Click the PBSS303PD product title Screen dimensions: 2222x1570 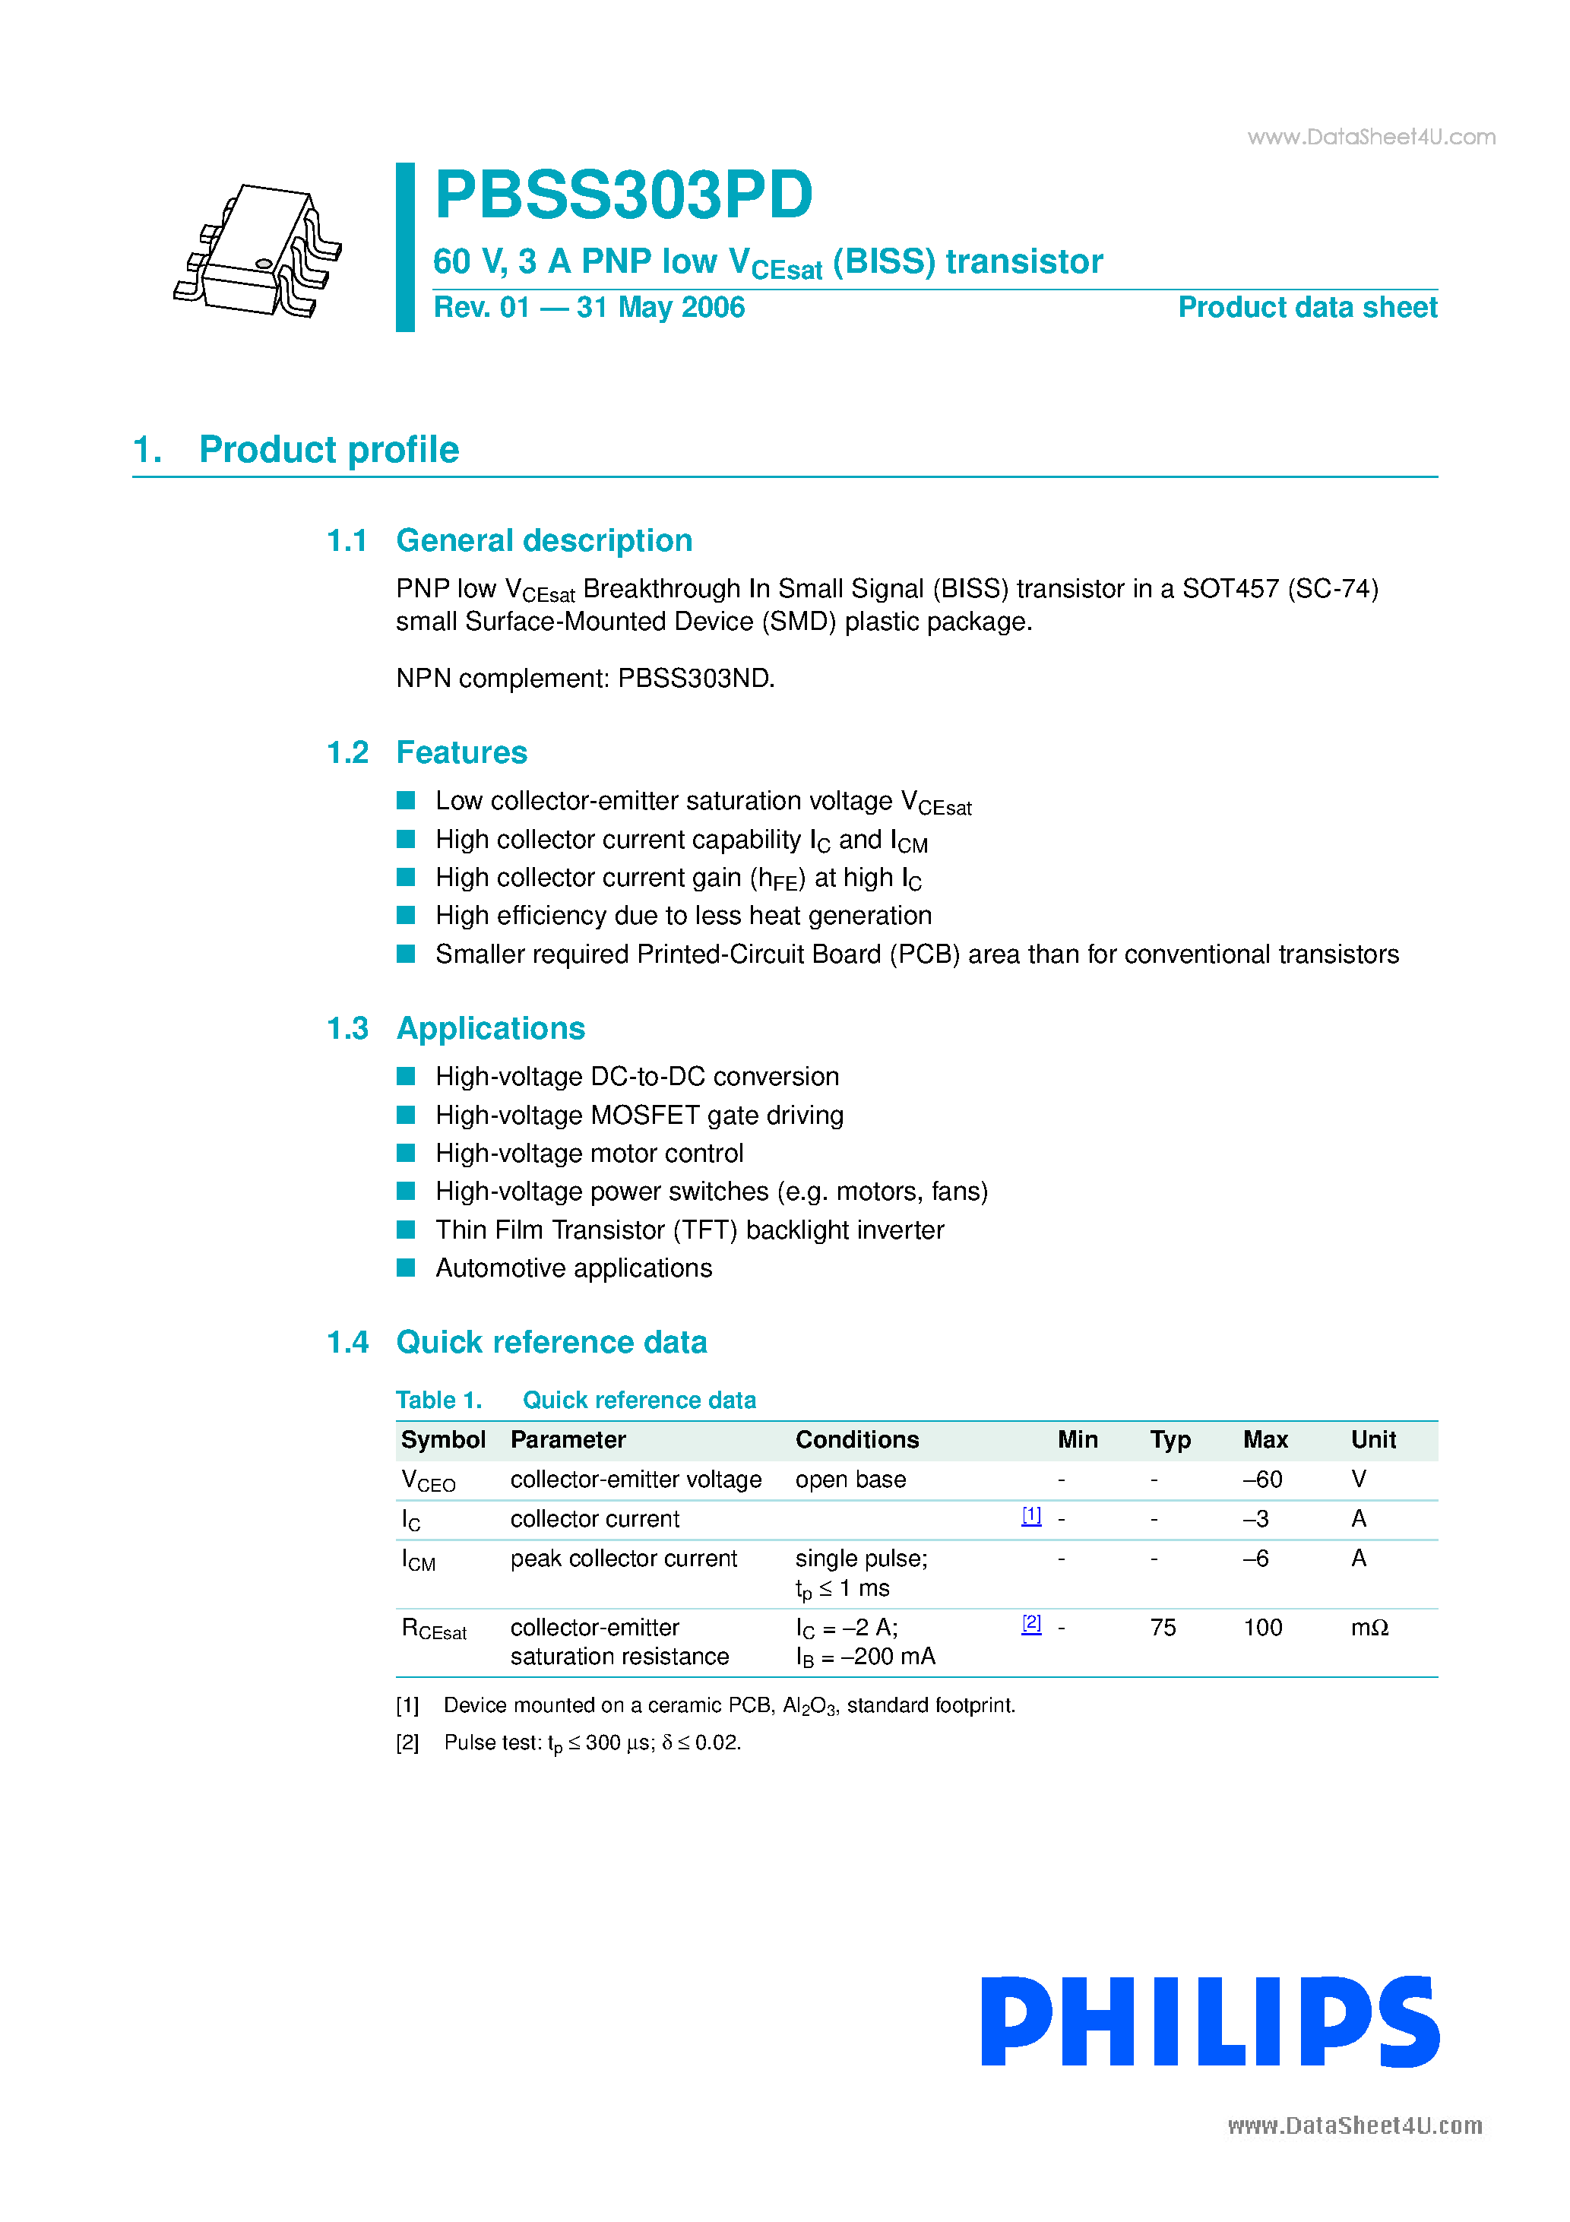click(623, 195)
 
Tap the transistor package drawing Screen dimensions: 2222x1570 click(258, 251)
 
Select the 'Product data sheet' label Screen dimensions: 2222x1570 click(1307, 308)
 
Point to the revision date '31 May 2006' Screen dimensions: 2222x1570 click(660, 308)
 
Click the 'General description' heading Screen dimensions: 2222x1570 click(544, 540)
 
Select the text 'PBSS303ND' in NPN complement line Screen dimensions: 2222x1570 click(695, 679)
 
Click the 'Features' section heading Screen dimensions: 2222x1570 click(462, 752)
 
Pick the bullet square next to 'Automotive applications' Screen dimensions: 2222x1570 click(407, 1267)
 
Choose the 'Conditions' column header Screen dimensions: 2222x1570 click(856, 1440)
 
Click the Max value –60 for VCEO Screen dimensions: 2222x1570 click(1262, 1479)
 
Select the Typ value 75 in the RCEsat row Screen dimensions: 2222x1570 click(1163, 1628)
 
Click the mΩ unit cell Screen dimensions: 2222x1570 click(1369, 1628)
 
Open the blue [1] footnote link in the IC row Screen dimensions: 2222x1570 click(1032, 1515)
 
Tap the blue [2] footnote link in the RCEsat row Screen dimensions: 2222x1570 click(1032, 1623)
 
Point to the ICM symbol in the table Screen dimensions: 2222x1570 click(418, 1560)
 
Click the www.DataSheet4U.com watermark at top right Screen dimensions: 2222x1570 click(1371, 138)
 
